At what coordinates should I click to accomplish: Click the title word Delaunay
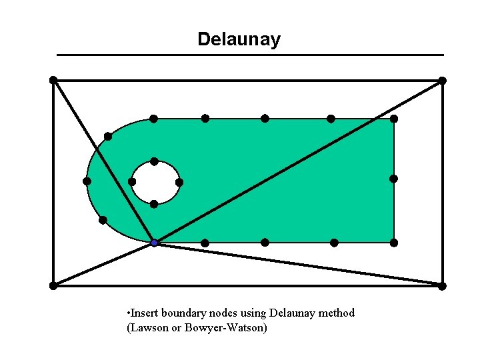click(x=239, y=39)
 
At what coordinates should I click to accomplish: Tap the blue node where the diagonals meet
click(x=154, y=243)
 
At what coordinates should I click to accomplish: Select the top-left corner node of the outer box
click(x=53, y=80)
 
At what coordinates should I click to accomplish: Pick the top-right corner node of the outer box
click(x=442, y=81)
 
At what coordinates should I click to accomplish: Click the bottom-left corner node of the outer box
click(x=53, y=285)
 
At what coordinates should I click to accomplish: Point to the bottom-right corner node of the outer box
click(x=442, y=286)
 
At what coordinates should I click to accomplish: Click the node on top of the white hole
click(x=154, y=161)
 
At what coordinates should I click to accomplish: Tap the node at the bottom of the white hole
click(x=154, y=204)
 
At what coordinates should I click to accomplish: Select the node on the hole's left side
click(x=132, y=182)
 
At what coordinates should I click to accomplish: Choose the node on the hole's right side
click(x=179, y=182)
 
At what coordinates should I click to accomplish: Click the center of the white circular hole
click(x=155, y=183)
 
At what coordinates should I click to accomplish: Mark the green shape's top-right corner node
click(x=394, y=119)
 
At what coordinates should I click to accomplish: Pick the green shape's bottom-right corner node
click(x=394, y=242)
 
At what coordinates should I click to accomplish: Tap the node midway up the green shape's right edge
click(x=393, y=179)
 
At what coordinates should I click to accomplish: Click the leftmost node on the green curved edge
click(x=87, y=181)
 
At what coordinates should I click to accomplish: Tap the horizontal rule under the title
click(x=250, y=55)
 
